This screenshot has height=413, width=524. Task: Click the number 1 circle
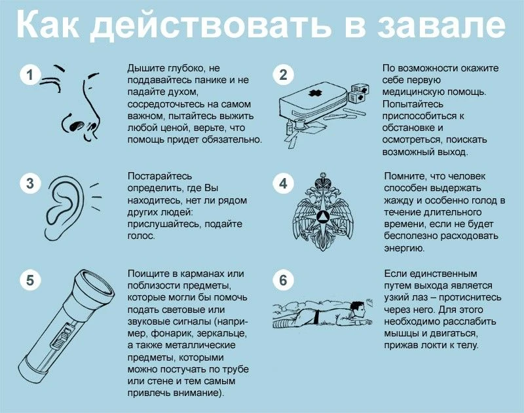29,75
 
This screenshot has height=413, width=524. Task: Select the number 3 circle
29,184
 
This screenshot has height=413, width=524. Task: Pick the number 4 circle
283,184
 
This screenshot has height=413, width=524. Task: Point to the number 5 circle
29,281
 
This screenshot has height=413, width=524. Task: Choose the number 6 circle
283,281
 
